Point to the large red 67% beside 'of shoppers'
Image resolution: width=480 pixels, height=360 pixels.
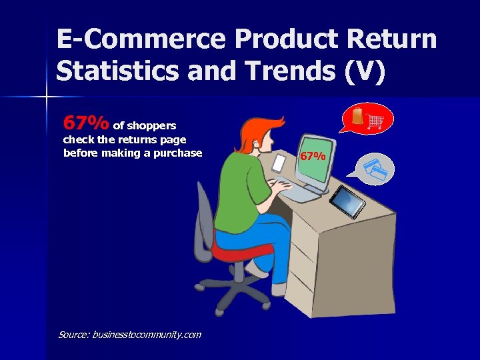(85, 123)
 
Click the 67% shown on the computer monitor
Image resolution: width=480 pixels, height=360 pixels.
(312, 157)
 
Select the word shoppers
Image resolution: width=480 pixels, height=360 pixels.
(151, 125)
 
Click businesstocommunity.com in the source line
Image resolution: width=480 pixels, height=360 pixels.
(146, 334)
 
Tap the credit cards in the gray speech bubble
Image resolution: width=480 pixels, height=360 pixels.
(375, 169)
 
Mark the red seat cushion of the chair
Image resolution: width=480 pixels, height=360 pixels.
(241, 253)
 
